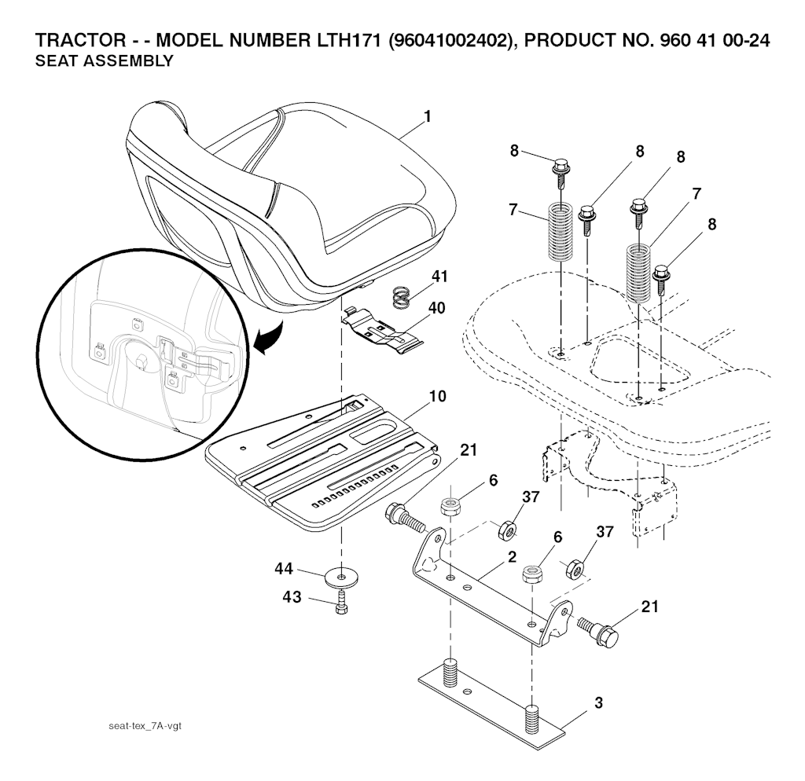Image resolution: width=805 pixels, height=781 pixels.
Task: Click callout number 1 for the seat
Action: click(x=427, y=116)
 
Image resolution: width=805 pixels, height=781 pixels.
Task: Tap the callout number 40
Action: click(x=436, y=307)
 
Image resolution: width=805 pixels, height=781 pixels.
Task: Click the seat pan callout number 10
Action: click(x=439, y=396)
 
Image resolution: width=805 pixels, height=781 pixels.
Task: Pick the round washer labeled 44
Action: click(x=340, y=577)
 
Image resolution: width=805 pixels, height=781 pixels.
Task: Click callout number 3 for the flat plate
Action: click(x=598, y=702)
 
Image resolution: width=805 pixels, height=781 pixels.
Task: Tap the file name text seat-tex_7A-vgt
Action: click(x=145, y=725)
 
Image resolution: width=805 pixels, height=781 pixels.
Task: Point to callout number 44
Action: click(x=285, y=567)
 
